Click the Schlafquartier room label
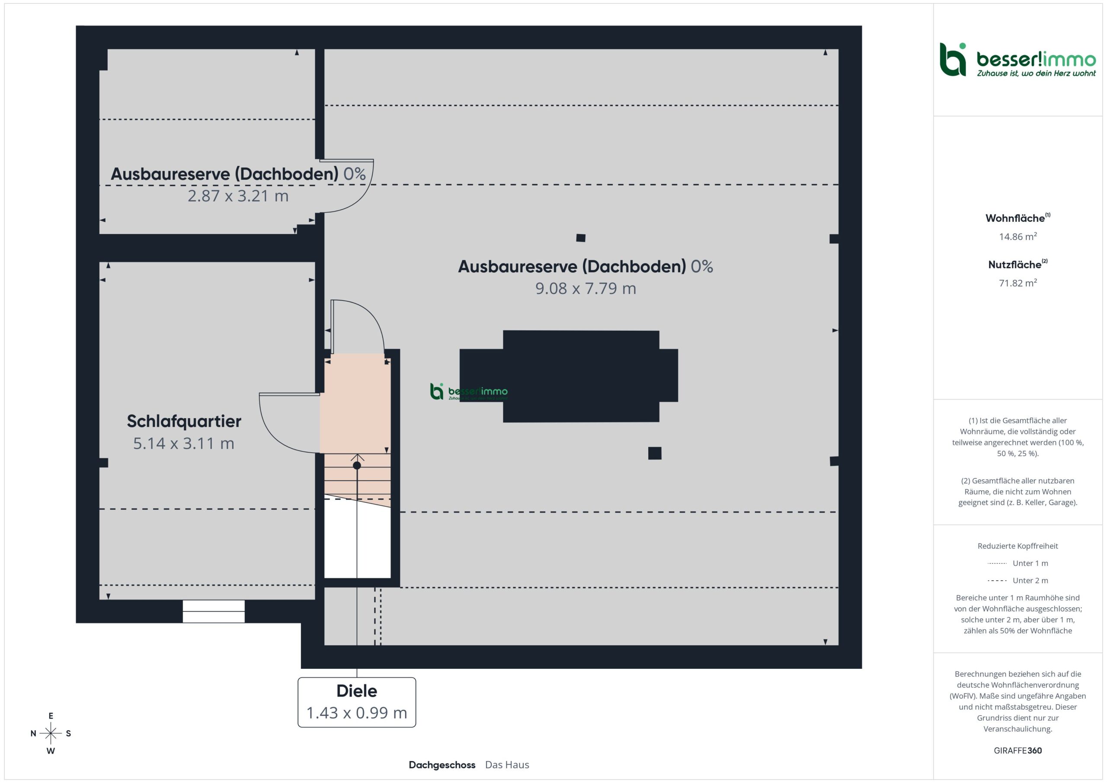(x=184, y=421)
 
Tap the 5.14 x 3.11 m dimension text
(x=184, y=443)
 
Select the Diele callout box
(x=357, y=702)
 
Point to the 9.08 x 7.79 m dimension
(x=586, y=288)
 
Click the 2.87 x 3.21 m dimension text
(x=238, y=196)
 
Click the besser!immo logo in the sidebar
(x=1017, y=60)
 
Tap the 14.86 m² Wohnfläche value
(x=1018, y=236)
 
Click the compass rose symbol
(x=51, y=733)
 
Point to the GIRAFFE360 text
(x=1018, y=750)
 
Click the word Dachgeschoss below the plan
(x=442, y=765)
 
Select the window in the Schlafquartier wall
(x=214, y=611)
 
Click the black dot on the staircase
(x=357, y=465)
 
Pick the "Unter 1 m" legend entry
(x=1017, y=563)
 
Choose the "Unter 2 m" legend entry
(x=1017, y=581)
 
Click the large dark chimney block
(x=569, y=376)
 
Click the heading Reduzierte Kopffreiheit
(x=1018, y=546)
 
